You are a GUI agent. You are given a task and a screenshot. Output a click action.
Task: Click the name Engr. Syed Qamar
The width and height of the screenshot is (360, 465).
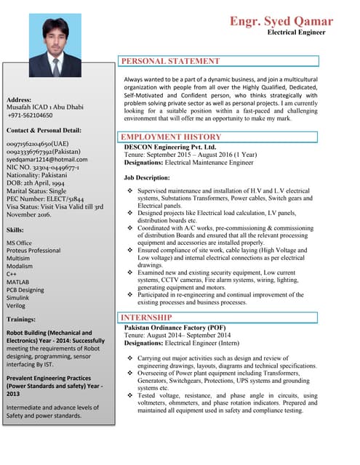(x=281, y=21)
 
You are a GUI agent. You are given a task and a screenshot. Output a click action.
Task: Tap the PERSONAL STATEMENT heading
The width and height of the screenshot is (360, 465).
(x=169, y=62)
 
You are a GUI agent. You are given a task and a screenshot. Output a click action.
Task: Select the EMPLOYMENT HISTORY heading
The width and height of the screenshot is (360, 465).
(x=171, y=137)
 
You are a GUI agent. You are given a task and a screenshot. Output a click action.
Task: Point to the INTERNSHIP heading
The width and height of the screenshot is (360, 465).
(x=146, y=318)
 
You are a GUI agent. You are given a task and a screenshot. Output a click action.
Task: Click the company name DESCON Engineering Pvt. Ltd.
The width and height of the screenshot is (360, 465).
(x=170, y=147)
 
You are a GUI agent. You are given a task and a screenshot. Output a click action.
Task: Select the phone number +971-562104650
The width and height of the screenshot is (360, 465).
(x=30, y=115)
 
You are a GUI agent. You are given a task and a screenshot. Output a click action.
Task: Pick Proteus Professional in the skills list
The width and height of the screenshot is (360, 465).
(x=33, y=251)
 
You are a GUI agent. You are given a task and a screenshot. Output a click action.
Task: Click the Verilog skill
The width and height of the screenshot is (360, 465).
(x=17, y=306)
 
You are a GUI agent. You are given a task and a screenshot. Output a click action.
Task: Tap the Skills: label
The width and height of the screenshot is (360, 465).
(x=15, y=230)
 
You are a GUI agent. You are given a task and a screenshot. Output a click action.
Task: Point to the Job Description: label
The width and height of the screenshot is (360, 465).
(x=147, y=177)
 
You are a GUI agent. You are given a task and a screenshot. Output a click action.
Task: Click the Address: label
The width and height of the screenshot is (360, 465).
(x=18, y=99)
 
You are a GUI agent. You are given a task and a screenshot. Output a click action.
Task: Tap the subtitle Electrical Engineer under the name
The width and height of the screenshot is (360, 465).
(x=300, y=33)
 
